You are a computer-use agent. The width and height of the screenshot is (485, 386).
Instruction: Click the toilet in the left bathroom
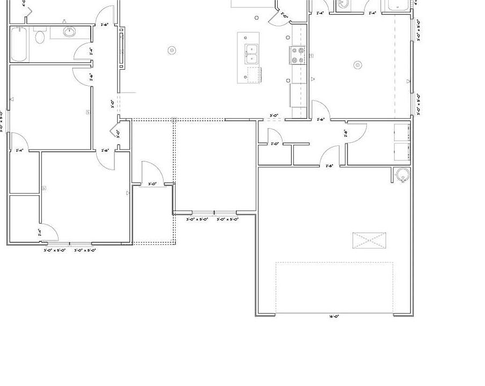click(x=39, y=37)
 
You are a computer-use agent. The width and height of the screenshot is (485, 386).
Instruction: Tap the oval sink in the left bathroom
click(x=69, y=31)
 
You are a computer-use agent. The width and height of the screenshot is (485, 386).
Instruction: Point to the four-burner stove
click(x=298, y=55)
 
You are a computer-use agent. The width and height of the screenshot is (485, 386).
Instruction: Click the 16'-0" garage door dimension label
click(x=334, y=317)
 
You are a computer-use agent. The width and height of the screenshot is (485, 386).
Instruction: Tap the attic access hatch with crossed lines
click(x=369, y=240)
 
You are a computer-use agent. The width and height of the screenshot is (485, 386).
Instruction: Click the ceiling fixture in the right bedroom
click(x=358, y=65)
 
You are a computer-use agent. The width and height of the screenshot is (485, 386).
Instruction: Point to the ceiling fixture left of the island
click(x=172, y=50)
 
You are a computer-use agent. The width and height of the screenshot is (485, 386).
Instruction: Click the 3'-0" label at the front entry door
click(x=152, y=183)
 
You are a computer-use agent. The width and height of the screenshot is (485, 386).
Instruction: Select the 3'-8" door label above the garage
click(x=329, y=166)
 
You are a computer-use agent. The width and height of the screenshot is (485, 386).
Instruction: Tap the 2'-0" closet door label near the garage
click(x=274, y=144)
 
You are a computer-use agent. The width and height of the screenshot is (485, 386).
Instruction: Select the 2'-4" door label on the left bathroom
click(x=91, y=51)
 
